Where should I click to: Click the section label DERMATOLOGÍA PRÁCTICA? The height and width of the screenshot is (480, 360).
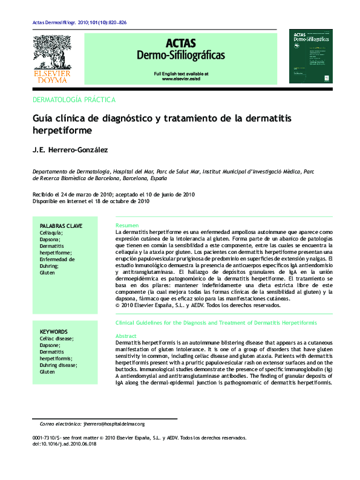pyautogui.click(x=73, y=99)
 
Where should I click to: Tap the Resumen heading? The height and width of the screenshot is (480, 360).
pyautogui.click(x=127, y=225)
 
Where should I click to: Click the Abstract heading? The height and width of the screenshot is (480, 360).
pyautogui.click(x=126, y=336)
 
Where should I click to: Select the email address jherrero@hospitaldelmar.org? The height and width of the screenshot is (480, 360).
pyautogui.click(x=123, y=424)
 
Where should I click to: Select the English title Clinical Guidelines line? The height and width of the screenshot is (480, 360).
pyautogui.click(x=216, y=323)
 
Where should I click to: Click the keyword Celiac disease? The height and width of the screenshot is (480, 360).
pyautogui.click(x=56, y=339)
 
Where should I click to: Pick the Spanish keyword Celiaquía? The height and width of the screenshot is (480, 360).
pyautogui.click(x=51, y=232)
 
